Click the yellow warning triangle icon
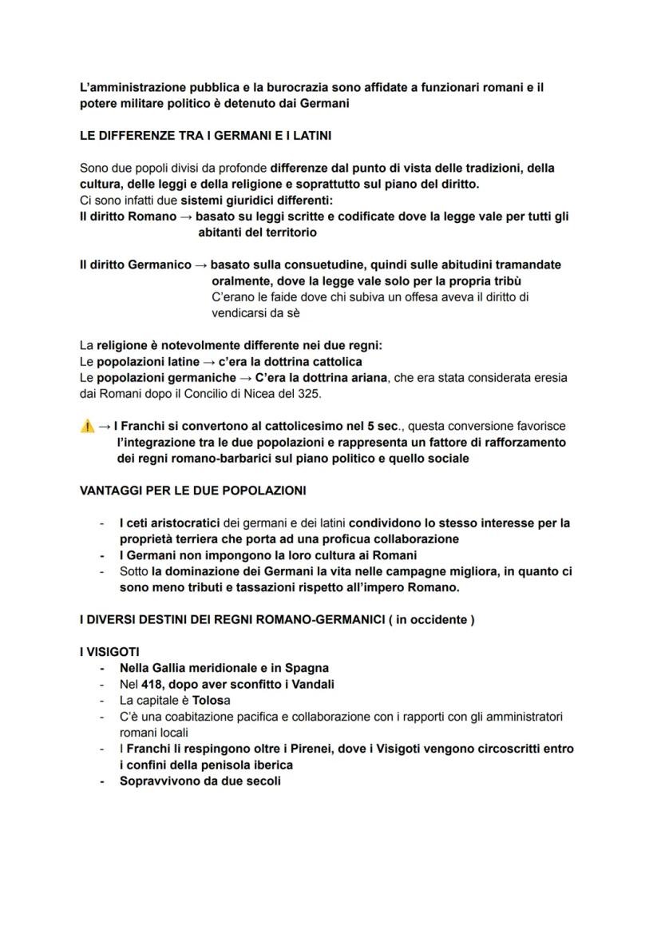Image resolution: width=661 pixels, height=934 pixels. pos(87,427)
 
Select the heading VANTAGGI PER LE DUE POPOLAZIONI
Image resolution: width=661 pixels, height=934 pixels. pos(192,490)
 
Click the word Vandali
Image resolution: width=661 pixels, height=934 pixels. pos(310,684)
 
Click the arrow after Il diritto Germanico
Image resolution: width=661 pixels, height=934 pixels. pos(201,264)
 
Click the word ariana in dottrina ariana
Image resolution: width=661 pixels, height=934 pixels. pos(367,378)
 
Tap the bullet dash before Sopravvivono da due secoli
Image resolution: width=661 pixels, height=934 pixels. pos(101,781)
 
